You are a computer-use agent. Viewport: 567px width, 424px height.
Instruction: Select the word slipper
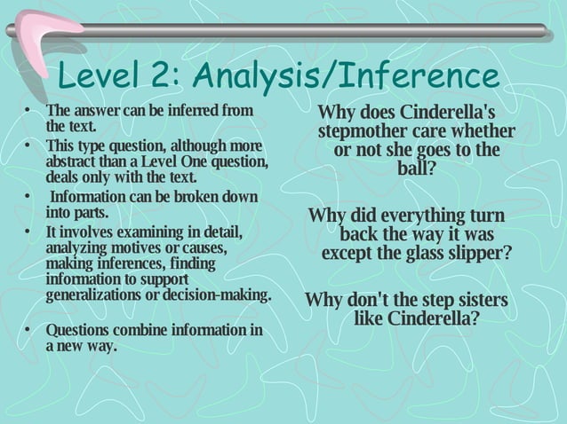coord(479,253)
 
